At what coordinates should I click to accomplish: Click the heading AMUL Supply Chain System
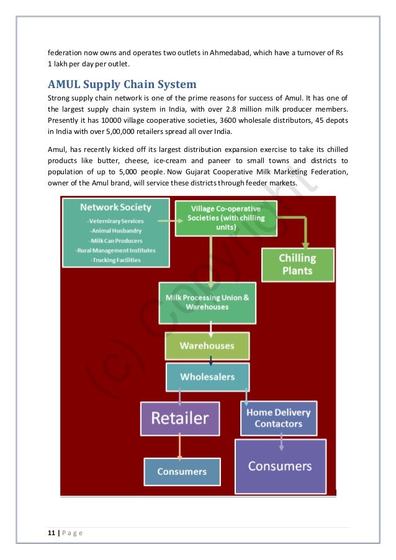point(122,84)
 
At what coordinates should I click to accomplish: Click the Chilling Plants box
point(297,265)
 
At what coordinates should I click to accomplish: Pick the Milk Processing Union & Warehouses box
point(207,303)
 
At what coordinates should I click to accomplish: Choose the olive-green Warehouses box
point(207,345)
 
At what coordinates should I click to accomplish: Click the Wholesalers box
point(207,376)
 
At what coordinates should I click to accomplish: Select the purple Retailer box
point(179,418)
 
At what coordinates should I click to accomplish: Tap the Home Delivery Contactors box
point(278,418)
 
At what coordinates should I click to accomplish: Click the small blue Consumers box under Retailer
point(181,471)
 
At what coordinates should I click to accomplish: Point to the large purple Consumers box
point(279,466)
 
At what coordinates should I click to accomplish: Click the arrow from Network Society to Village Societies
point(164,220)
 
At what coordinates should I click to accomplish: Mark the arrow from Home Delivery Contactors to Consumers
point(281,442)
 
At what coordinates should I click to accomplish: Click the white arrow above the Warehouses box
point(211,327)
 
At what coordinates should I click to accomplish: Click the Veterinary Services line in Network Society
point(115,221)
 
